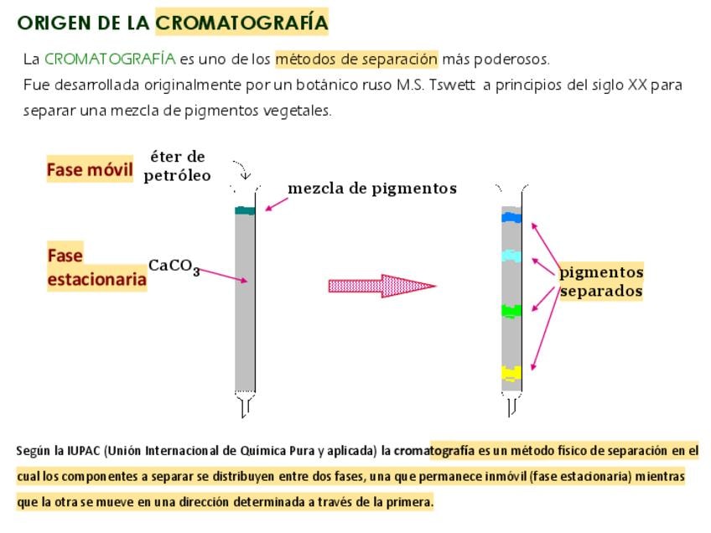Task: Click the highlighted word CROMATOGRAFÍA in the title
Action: tap(241, 23)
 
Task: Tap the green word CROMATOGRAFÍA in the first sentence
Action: tap(110, 60)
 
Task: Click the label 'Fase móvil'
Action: tap(90, 170)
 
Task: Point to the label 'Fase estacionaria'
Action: tap(96, 267)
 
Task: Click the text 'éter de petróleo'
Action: tap(177, 166)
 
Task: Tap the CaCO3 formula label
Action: tap(174, 266)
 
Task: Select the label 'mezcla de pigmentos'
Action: tap(372, 189)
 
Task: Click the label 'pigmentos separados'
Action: tap(601, 282)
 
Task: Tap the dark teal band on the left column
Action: tap(245, 210)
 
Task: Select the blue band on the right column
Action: tap(511, 218)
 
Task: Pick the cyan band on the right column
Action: tap(511, 256)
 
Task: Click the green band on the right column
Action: tap(511, 311)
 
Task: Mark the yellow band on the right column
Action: tap(511, 373)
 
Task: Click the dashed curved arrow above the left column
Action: tap(241, 169)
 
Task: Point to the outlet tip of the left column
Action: tap(245, 407)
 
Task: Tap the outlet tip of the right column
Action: tap(512, 407)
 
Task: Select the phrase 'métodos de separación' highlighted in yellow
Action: tap(356, 60)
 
